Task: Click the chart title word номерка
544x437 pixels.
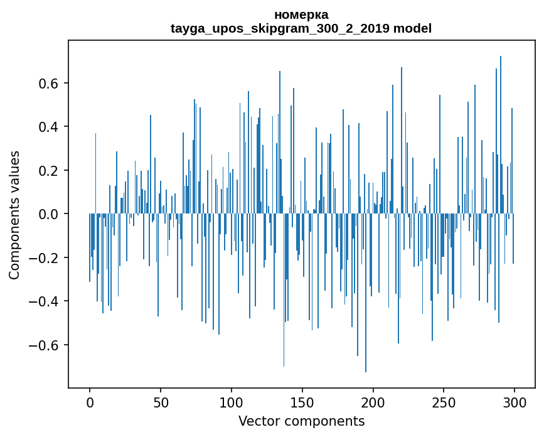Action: tap(301, 15)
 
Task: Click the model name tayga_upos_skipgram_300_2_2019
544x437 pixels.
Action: tap(280, 28)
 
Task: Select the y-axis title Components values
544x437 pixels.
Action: tap(14, 215)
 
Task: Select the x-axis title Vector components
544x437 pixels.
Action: tap(301, 421)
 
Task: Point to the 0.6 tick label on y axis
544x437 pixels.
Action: tap(48, 84)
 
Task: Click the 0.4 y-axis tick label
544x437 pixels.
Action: tap(48, 127)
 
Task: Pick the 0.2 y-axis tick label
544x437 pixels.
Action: tap(48, 170)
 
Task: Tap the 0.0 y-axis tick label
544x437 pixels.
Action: tap(48, 214)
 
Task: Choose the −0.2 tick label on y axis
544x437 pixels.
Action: tap(43, 258)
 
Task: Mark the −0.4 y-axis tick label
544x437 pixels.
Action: tap(43, 301)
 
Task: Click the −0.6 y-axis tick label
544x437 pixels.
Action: tap(43, 345)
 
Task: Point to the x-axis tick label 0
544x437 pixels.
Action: tap(90, 403)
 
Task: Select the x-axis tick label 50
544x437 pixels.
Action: tap(161, 403)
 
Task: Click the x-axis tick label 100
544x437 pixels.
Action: tap(232, 403)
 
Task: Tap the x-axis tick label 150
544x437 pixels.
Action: tap(302, 403)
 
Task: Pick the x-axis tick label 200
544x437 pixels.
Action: tap(373, 403)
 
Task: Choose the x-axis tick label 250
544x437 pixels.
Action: tap(444, 403)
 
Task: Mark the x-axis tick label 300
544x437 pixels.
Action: tap(515, 403)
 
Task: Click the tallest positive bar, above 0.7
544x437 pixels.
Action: tap(500, 134)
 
